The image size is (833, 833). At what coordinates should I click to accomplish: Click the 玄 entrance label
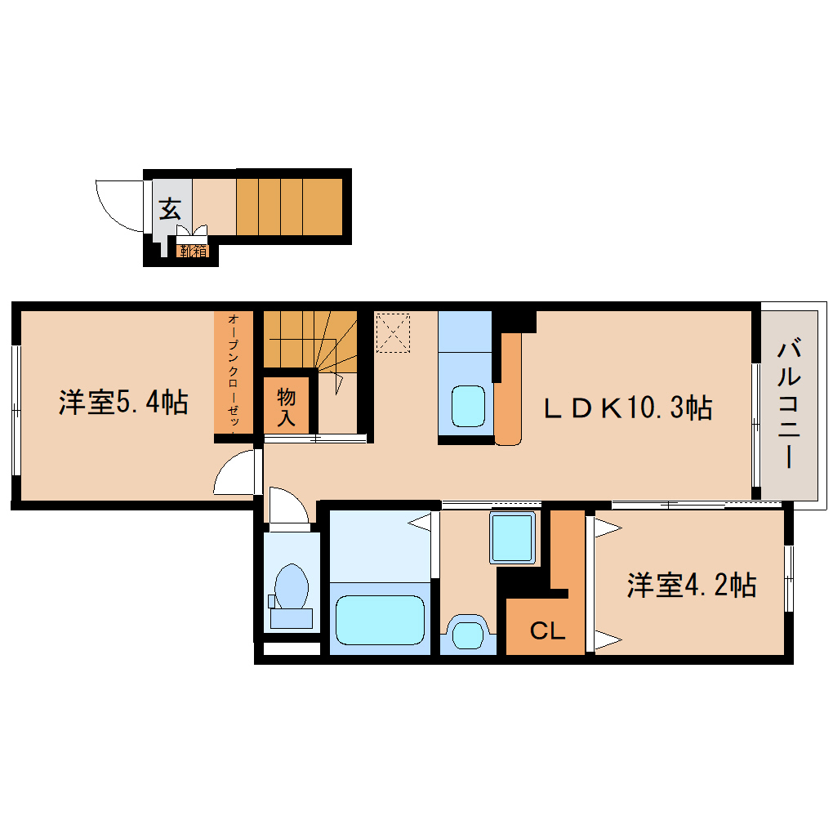170,209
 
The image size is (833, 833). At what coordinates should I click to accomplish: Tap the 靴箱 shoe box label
194,252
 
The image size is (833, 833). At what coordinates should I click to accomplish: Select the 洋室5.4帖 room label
123,403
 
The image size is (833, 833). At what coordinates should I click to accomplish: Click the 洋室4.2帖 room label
691,586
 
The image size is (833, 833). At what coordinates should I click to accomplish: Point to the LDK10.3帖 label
628,407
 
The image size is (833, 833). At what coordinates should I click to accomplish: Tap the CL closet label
546,630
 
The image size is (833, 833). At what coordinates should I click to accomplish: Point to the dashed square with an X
393,333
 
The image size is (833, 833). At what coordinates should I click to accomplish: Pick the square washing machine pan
514,538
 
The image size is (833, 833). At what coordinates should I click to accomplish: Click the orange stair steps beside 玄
289,207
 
